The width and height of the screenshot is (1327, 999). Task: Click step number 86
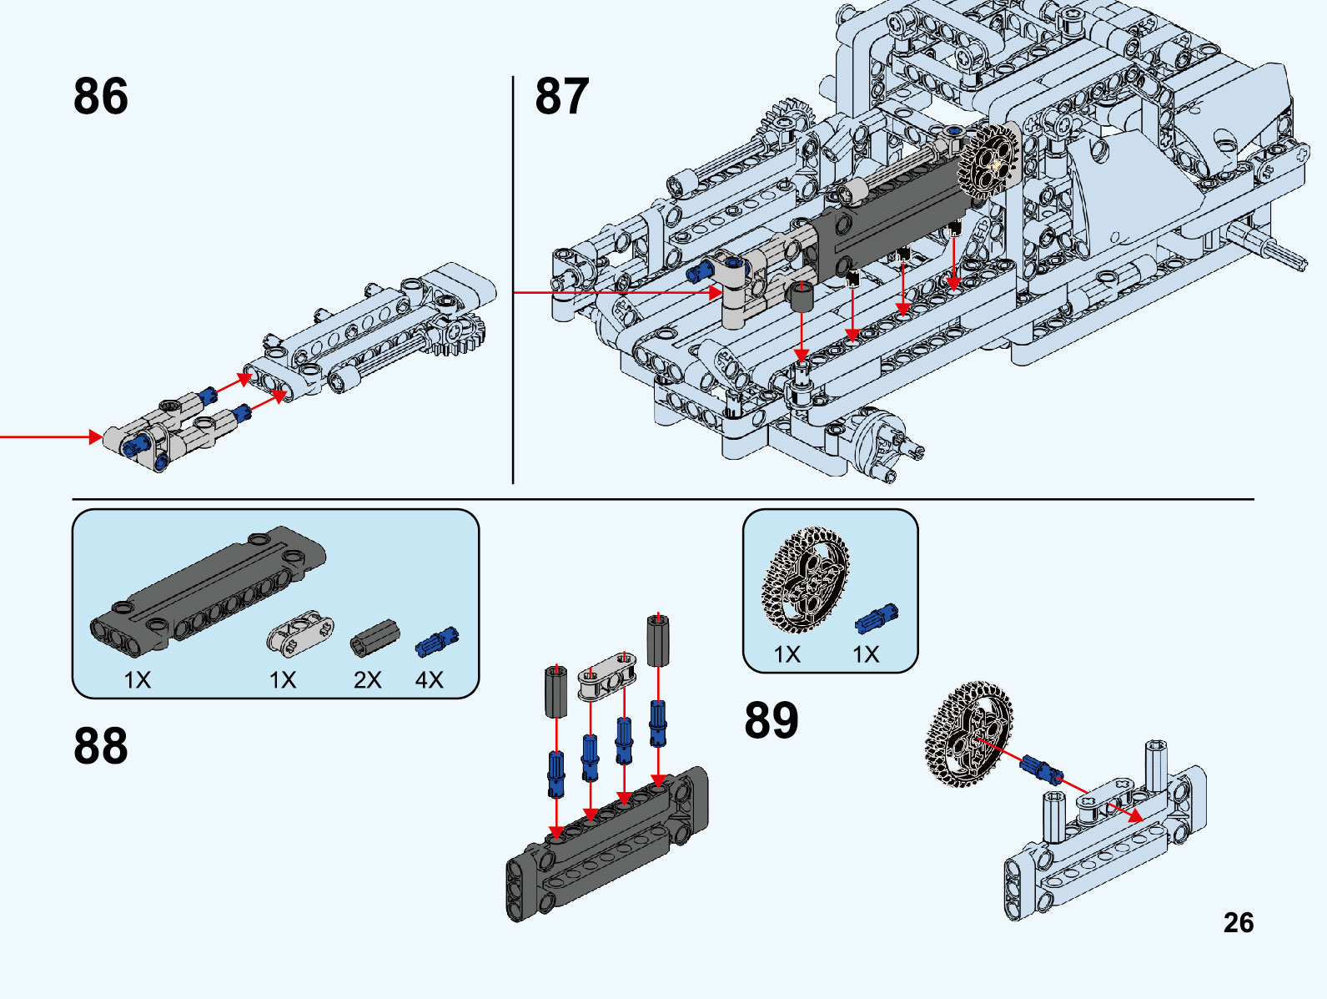click(101, 96)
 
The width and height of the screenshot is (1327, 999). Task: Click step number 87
click(561, 96)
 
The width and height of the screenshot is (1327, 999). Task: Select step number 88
click(101, 745)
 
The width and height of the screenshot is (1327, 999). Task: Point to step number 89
click(772, 719)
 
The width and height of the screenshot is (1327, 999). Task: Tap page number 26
click(1239, 922)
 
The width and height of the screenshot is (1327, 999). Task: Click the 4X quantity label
click(430, 680)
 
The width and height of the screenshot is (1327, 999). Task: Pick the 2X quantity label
click(367, 680)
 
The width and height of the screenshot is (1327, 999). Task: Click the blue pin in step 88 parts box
click(437, 641)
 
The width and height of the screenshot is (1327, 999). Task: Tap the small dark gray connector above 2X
click(374, 638)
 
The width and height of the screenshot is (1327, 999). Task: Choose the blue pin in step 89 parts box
click(877, 618)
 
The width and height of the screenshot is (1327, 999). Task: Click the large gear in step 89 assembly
click(969, 734)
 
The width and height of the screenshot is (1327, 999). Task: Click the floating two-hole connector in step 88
click(607, 674)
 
